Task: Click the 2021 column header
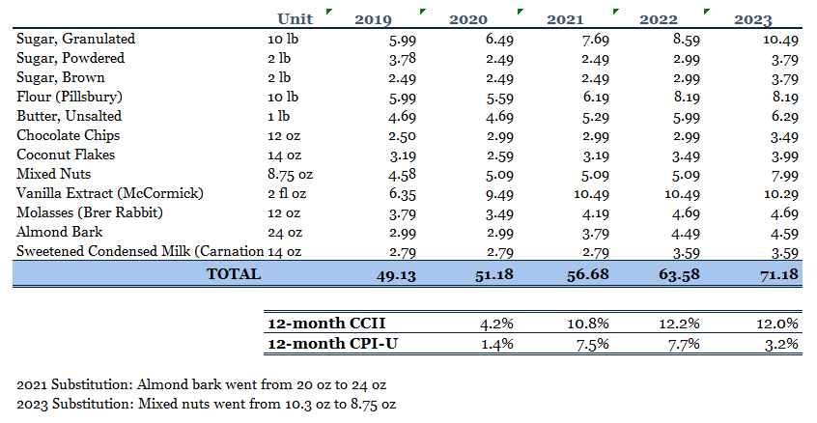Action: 565,19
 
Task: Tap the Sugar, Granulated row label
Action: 76,40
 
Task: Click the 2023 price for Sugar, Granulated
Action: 779,40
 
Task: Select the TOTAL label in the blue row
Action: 233,274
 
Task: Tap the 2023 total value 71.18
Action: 775,274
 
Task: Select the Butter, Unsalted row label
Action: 70,116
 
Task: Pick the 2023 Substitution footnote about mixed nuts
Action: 205,404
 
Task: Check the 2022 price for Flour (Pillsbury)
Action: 686,97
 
